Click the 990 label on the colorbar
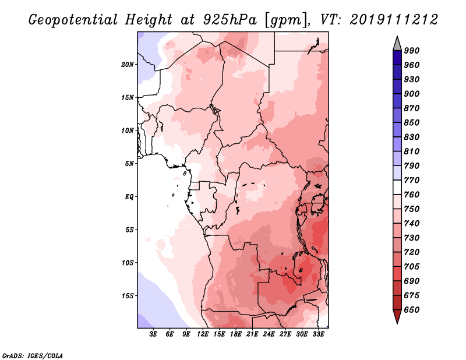click(x=412, y=51)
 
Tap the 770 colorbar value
click(x=412, y=180)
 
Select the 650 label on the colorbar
click(x=412, y=310)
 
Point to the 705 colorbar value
click(x=412, y=267)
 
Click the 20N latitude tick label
click(x=128, y=65)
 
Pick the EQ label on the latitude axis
click(x=129, y=197)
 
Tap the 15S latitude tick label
click(x=128, y=296)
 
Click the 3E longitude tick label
click(x=153, y=334)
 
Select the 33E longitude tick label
click(x=318, y=334)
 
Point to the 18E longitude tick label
click(x=236, y=334)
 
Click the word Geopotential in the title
click(x=73, y=20)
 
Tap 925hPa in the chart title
click(x=230, y=20)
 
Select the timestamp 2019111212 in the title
click(x=394, y=20)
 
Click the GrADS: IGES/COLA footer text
click(x=33, y=356)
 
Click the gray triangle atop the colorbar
click(x=397, y=44)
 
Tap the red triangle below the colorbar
click(x=397, y=316)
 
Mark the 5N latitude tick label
click(x=129, y=164)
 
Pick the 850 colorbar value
click(x=412, y=122)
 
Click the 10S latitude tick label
click(x=128, y=263)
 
